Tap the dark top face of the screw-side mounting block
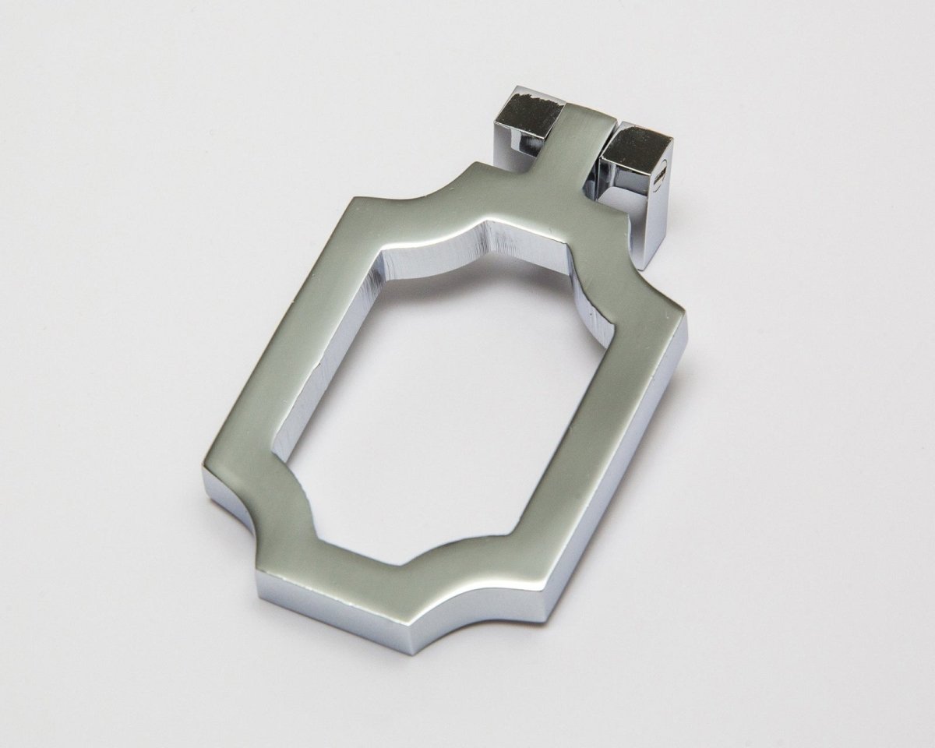pyautogui.click(x=634, y=140)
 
